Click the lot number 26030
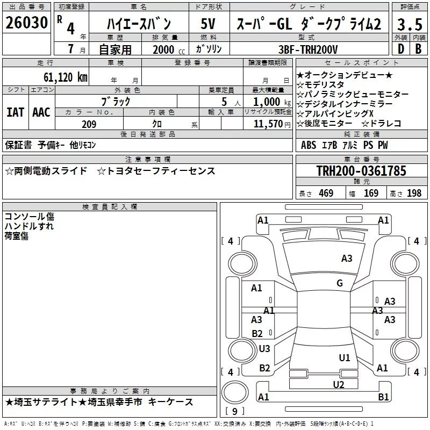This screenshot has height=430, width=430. click(26, 23)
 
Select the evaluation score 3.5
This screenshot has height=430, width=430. click(410, 24)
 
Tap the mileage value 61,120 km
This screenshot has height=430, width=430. click(66, 77)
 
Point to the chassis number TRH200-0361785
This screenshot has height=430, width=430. click(361, 170)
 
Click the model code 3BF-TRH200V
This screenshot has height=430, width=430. click(308, 49)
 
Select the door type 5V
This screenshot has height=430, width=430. click(208, 24)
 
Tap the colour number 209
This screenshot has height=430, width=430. click(89, 124)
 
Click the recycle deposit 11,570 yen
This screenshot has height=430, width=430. click(272, 124)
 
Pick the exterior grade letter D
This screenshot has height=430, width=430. click(401, 49)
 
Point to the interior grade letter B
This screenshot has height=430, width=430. click(418, 49)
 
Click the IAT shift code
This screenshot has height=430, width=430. click(15, 112)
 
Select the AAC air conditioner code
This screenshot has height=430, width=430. click(41, 112)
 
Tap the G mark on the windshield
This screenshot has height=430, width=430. click(340, 283)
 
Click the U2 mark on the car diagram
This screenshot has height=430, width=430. click(339, 384)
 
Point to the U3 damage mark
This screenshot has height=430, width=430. click(264, 348)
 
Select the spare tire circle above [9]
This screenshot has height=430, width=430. click(235, 392)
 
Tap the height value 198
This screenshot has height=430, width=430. click(414, 193)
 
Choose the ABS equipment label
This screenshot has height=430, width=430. click(309, 145)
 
